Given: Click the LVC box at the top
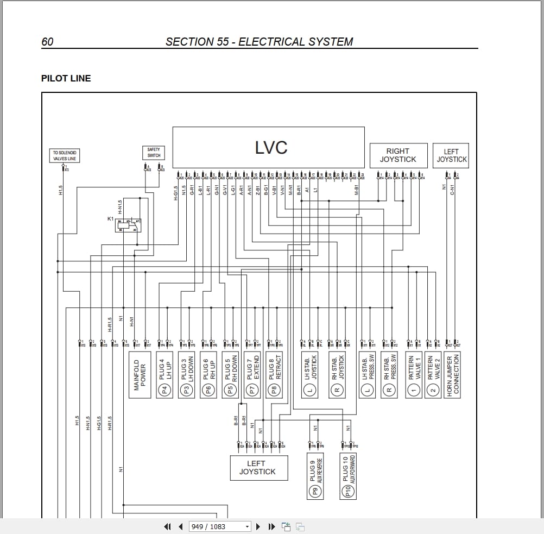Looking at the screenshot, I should tap(268, 147).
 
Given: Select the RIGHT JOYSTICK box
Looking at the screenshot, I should tap(398, 155).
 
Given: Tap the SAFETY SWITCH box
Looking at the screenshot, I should tap(154, 153).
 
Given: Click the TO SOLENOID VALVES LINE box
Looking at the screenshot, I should tap(65, 156).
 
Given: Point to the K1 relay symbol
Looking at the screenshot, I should tap(128, 225).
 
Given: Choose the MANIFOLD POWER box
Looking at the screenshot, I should tap(140, 374).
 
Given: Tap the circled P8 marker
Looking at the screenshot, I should tap(275, 389).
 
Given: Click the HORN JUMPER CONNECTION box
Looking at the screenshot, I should tap(452, 374).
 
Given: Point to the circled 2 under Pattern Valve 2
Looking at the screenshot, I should tap(433, 389).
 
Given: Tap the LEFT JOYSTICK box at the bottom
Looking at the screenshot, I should tap(257, 468).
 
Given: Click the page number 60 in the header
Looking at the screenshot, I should tap(47, 42).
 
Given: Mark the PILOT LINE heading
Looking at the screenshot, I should tap(66, 78).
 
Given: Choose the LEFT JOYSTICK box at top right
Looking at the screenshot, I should tap(451, 155).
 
